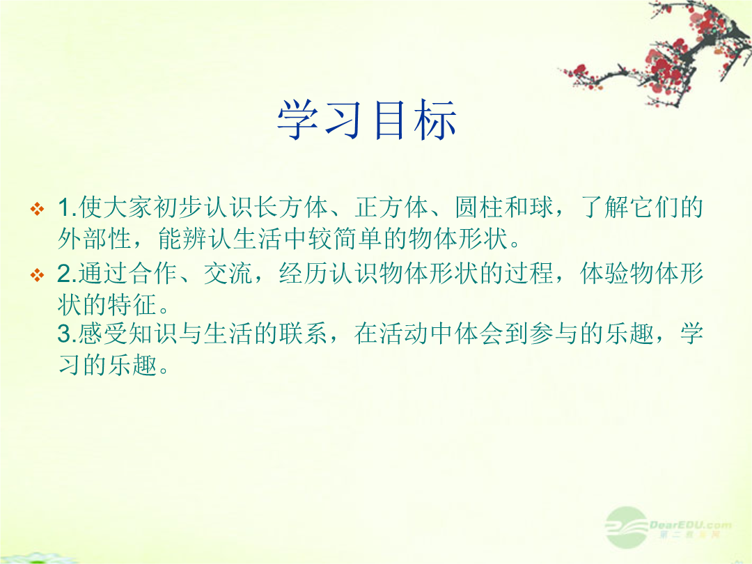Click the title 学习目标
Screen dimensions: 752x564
(367, 120)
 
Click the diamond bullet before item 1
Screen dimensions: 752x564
(37, 209)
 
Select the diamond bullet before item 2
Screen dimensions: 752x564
(37, 275)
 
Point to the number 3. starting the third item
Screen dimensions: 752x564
(67, 334)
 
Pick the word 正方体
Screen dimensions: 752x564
(391, 207)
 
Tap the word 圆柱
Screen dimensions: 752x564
(479, 207)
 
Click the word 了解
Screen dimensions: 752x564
(605, 207)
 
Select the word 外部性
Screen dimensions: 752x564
(95, 238)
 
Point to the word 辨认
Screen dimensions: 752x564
(195, 238)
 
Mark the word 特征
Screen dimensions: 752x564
(132, 304)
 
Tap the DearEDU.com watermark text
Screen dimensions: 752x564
(691, 525)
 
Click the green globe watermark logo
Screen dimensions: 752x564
(627, 528)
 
